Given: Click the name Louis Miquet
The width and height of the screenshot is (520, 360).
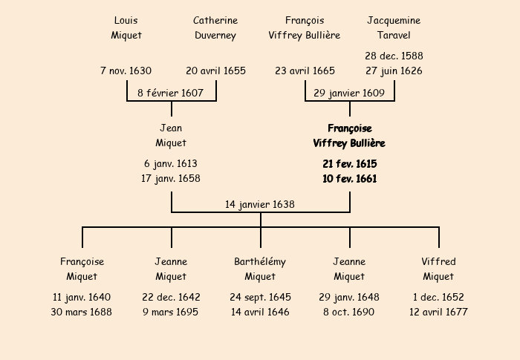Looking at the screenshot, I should (126, 27).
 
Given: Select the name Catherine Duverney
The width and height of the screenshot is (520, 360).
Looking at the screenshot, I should (215, 27).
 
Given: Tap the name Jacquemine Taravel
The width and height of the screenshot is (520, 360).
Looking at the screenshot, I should (394, 27).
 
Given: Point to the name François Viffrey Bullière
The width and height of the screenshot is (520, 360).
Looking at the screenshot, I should (305, 27).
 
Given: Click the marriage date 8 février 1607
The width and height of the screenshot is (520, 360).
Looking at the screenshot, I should (171, 93).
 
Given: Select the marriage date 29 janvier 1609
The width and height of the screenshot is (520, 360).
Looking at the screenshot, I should (349, 93).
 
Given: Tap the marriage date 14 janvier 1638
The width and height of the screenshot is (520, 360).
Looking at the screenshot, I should (260, 204).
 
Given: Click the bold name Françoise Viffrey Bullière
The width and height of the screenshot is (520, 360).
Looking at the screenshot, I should (349, 136).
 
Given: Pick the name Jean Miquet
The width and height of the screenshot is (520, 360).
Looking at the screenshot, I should (171, 136).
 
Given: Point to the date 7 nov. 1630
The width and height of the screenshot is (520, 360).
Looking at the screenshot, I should (126, 71).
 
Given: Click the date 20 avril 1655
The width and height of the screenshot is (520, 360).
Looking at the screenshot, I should (215, 71).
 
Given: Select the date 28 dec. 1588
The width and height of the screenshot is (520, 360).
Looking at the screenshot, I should (394, 56).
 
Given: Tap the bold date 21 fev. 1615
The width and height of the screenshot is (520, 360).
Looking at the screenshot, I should (349, 163).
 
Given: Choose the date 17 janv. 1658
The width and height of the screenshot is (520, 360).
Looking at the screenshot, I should (171, 178).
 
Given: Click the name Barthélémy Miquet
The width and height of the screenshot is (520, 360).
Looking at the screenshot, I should (260, 269).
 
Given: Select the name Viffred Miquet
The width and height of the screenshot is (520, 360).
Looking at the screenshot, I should (438, 269).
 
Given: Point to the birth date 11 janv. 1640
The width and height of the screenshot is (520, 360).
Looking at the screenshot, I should (82, 297).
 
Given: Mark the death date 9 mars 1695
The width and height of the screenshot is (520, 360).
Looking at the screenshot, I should (171, 312).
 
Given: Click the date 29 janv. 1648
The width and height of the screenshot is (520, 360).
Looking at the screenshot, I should (349, 297).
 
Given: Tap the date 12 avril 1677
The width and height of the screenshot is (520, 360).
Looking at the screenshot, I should (438, 312).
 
